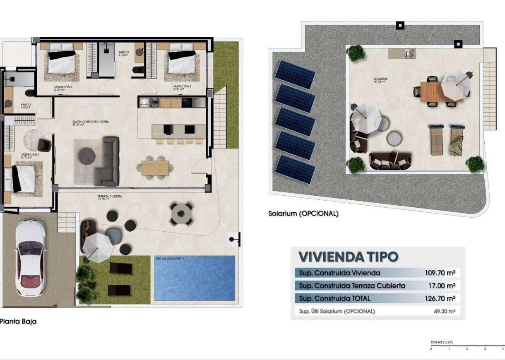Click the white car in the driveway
pyautogui.click(x=30, y=257)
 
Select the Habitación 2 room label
pyautogui.click(x=63, y=87)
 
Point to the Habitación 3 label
pyautogui.click(x=182, y=87)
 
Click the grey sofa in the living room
pyautogui.click(x=108, y=161)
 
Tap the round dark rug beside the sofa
pyautogui.click(x=87, y=156)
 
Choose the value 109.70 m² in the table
pyautogui.click(x=440, y=273)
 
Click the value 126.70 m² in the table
pyautogui.click(x=440, y=298)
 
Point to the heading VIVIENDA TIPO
pyautogui.click(x=348, y=257)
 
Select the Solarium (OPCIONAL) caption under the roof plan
pyautogui.click(x=303, y=214)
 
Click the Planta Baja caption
pyautogui.click(x=18, y=321)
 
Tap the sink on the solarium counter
pyautogui.click(x=410, y=53)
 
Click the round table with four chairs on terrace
pyautogui.click(x=181, y=214)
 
